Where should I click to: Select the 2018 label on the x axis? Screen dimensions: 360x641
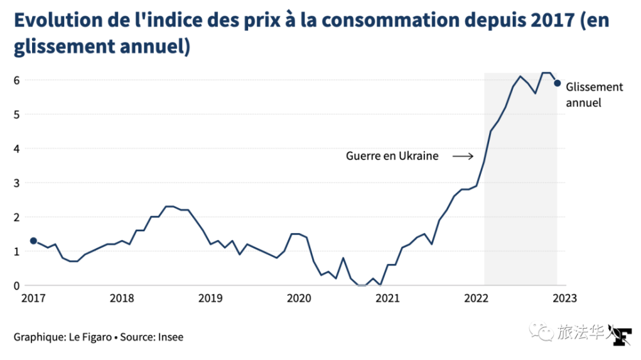coord(121,298)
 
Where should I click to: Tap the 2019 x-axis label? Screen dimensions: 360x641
coord(210,298)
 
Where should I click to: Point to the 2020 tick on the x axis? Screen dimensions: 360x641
coord(299,298)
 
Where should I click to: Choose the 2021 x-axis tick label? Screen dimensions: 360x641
coord(388,298)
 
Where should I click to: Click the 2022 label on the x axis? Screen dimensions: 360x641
coord(476,298)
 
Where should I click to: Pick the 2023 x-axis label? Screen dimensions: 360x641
coord(565,298)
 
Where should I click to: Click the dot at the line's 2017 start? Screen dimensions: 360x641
coord(33,241)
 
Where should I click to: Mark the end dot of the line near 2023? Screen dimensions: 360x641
coord(558,83)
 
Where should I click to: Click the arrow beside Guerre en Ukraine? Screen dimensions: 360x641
coord(463,156)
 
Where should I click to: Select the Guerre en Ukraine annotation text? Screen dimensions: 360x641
coord(392,156)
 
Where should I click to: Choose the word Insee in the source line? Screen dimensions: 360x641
coord(172,337)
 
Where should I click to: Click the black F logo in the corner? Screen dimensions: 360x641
coord(622,338)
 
